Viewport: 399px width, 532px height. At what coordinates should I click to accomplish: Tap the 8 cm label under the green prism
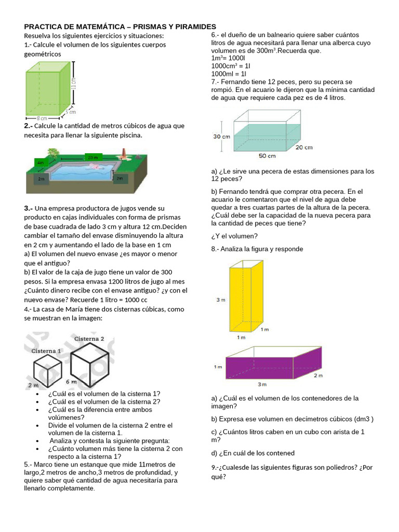click(x=42, y=118)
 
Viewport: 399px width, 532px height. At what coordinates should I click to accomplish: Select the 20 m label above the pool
click(x=92, y=157)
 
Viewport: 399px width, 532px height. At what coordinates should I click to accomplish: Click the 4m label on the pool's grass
click(x=40, y=163)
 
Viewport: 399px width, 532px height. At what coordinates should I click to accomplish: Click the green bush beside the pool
click(x=52, y=152)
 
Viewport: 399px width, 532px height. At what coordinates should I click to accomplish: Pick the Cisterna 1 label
click(x=46, y=351)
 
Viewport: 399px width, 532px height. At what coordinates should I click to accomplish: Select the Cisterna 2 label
click(x=89, y=339)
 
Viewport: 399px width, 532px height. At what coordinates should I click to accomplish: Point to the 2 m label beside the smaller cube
click(x=33, y=385)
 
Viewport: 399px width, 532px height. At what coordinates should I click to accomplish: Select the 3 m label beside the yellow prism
click(x=220, y=300)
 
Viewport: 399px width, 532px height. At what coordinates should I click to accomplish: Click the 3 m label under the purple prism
click(x=262, y=384)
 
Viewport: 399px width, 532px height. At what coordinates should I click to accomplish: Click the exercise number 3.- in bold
click(x=29, y=208)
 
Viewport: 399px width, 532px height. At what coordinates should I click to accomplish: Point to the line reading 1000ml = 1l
click(x=229, y=74)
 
